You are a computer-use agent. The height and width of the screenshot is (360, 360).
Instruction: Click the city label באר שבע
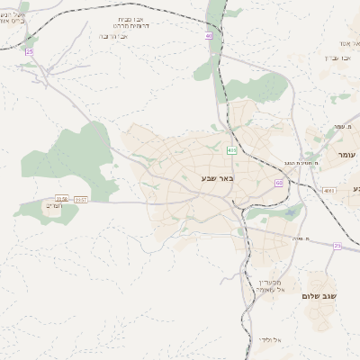tap(217, 179)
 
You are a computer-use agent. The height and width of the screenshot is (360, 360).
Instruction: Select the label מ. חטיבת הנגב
tap(283, 162)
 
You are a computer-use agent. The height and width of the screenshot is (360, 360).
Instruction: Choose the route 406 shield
tap(232, 150)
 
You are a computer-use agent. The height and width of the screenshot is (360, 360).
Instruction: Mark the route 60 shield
tap(279, 183)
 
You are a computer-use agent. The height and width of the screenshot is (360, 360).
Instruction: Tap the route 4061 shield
tap(328, 191)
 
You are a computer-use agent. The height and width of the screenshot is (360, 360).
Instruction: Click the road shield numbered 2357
tap(81, 199)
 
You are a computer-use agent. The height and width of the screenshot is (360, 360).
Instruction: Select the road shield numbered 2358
tap(62, 199)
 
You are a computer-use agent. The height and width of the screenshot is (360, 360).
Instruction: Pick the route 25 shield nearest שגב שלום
tap(337, 246)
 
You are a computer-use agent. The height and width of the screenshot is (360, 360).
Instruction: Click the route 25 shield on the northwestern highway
tap(29, 51)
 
